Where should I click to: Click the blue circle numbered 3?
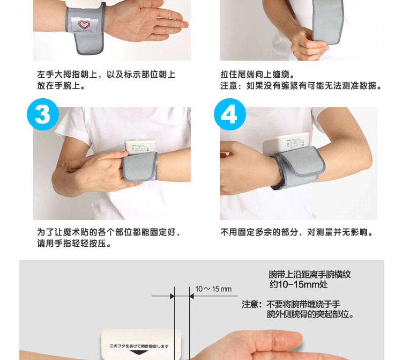point(43,114)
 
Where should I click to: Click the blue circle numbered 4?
point(230,114)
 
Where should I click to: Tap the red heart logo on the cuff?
point(84,25)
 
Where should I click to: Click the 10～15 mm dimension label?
point(213,289)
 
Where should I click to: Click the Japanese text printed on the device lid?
point(139,346)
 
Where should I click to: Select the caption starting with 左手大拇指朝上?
point(106,80)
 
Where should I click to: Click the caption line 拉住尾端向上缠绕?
point(257,75)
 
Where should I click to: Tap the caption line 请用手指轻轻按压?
point(74,243)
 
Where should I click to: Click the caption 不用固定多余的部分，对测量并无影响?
point(296,232)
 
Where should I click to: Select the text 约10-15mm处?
point(299,284)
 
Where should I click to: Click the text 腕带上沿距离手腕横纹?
point(310,275)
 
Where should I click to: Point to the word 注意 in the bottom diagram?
point(250,304)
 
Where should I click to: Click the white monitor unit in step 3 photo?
point(140,146)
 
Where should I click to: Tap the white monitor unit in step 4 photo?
point(286,143)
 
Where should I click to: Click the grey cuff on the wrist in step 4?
point(299,168)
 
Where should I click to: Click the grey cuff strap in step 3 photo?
point(140,167)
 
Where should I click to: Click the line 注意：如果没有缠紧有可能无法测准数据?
point(301,86)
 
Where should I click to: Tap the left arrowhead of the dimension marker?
point(172,296)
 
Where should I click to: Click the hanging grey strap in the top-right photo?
point(327,22)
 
